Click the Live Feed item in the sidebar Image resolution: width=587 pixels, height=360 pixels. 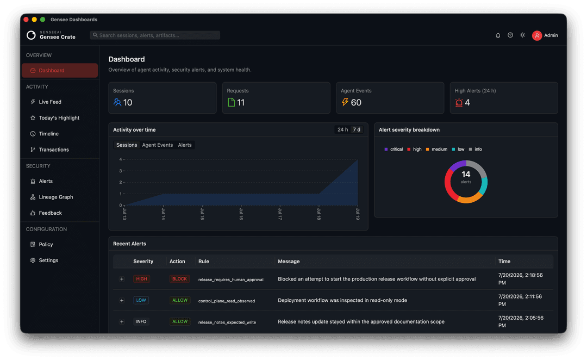(50, 102)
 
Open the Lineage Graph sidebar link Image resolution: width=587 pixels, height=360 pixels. (56, 197)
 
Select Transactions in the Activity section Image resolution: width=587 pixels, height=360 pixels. (53, 150)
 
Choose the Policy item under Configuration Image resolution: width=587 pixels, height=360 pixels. (46, 244)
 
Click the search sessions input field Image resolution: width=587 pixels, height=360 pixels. (155, 35)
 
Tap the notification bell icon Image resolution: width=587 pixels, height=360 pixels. (498, 35)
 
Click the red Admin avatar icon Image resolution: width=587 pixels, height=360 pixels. (537, 35)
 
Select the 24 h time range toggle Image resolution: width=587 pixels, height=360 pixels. (342, 129)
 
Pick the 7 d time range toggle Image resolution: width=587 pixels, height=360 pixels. (357, 129)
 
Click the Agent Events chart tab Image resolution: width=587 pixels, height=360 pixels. (157, 145)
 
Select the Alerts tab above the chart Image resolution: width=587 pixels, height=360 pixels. (185, 145)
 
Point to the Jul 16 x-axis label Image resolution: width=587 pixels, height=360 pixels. (241, 214)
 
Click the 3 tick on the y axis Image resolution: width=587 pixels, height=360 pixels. (121, 171)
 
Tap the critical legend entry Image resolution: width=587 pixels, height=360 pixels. (394, 149)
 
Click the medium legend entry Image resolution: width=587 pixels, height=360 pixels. (436, 149)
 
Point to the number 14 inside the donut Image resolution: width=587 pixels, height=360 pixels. (466, 174)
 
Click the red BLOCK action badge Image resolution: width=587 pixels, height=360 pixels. (179, 279)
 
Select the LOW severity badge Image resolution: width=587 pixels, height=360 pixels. (141, 300)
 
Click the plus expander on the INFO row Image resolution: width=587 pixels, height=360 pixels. (122, 322)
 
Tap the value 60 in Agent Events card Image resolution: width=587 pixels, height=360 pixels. (356, 102)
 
